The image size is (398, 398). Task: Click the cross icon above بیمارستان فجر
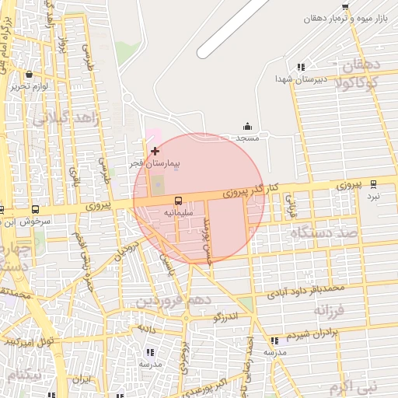click(x=155, y=151)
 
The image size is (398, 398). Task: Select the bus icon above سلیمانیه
click(x=179, y=200)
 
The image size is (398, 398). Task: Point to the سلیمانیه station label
click(x=180, y=211)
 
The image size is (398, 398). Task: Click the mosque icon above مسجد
click(x=247, y=126)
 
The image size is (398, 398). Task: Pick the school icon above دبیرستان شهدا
click(x=301, y=68)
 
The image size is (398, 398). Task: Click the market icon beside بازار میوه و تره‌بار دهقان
click(x=346, y=6)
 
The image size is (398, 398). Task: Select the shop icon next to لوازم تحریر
click(x=29, y=75)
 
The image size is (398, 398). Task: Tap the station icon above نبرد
click(x=373, y=184)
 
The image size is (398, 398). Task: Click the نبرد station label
click(x=374, y=196)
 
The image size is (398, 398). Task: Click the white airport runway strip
click(x=233, y=27)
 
